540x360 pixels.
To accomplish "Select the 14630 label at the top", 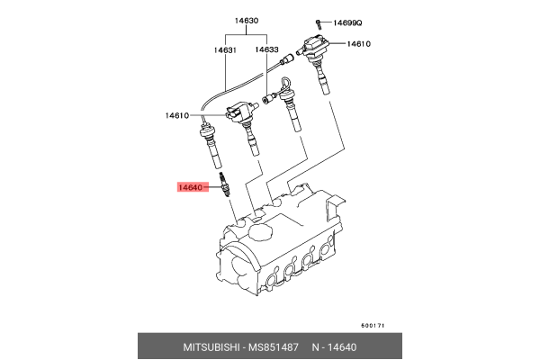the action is click(247, 21).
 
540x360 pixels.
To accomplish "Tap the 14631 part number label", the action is click(225, 50).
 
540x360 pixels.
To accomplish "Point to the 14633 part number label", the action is click(266, 49).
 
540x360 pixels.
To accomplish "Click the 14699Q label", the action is click(347, 22).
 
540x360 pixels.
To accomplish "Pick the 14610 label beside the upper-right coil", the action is click(358, 44).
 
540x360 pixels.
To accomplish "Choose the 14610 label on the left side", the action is click(177, 115).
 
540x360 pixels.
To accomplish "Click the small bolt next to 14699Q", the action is click(319, 24).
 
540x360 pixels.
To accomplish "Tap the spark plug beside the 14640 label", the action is click(224, 184).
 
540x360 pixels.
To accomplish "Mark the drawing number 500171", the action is click(373, 325).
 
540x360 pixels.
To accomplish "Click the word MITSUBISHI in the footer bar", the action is click(211, 346).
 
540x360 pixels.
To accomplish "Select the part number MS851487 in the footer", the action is click(274, 346).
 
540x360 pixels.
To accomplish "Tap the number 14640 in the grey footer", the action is click(342, 346).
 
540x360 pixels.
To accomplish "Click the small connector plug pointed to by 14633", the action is click(268, 99).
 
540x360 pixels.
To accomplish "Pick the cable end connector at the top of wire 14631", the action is click(286, 58).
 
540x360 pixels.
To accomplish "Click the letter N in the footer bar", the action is click(316, 346).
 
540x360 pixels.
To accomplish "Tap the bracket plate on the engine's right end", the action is click(335, 207).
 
